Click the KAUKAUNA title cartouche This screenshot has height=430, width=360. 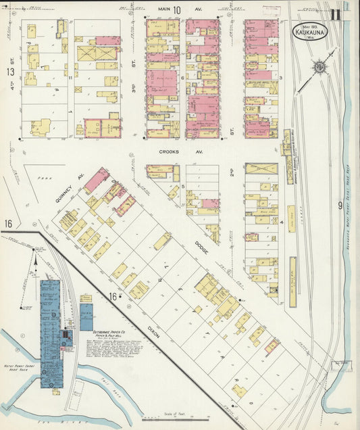point(309,30)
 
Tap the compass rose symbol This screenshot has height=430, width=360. point(318,67)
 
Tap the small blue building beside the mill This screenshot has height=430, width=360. point(86,317)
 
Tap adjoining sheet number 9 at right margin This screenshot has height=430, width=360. point(340,205)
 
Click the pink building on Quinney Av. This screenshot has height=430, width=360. point(96,180)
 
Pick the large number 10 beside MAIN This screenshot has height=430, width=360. point(177,9)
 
